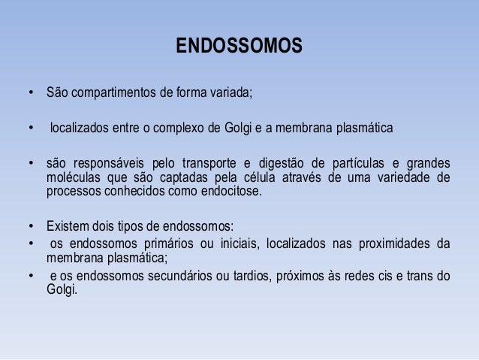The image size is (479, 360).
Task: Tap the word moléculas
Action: pyautogui.click(x=74, y=177)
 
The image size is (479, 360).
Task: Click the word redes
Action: pyautogui.click(x=347, y=276)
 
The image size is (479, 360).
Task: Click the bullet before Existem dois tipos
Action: pyautogui.click(x=32, y=226)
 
